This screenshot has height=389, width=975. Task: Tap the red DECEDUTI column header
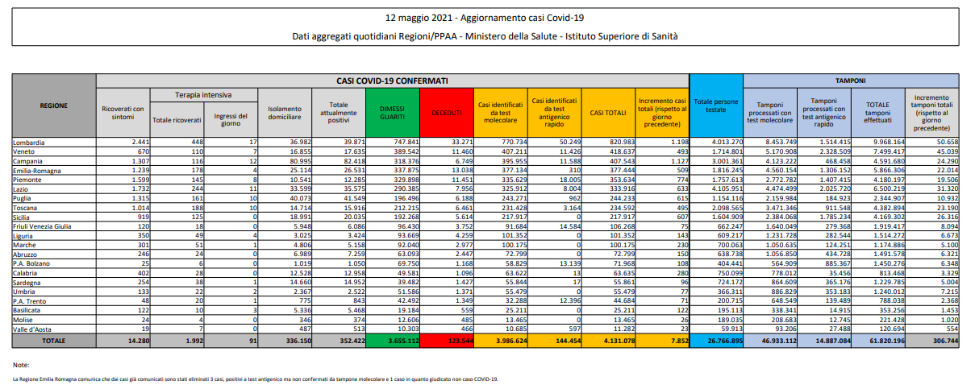446,113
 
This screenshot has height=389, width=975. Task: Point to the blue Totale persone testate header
715,105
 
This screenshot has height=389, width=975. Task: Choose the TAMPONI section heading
850,81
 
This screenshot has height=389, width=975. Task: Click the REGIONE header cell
53,105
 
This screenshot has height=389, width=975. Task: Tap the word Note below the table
20,365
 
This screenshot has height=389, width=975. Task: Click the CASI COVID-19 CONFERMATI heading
393,81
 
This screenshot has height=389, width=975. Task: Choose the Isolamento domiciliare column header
285,113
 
